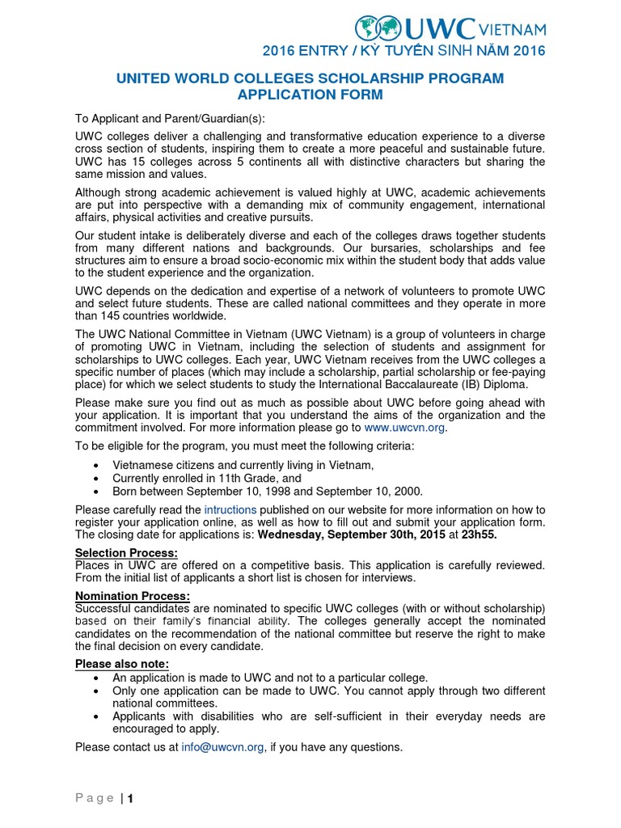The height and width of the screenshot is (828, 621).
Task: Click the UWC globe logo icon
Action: (378, 29)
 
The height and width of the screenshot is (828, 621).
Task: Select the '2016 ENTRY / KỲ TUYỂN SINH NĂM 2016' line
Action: (404, 52)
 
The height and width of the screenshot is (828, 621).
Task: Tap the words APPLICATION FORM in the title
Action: (310, 95)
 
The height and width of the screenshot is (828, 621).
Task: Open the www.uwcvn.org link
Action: (403, 428)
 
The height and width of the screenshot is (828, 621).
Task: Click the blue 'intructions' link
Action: (230, 509)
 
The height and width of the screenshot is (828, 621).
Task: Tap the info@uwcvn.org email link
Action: (222, 747)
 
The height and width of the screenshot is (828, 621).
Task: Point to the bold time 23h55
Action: (479, 534)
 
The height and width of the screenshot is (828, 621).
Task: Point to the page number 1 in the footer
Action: (129, 799)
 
